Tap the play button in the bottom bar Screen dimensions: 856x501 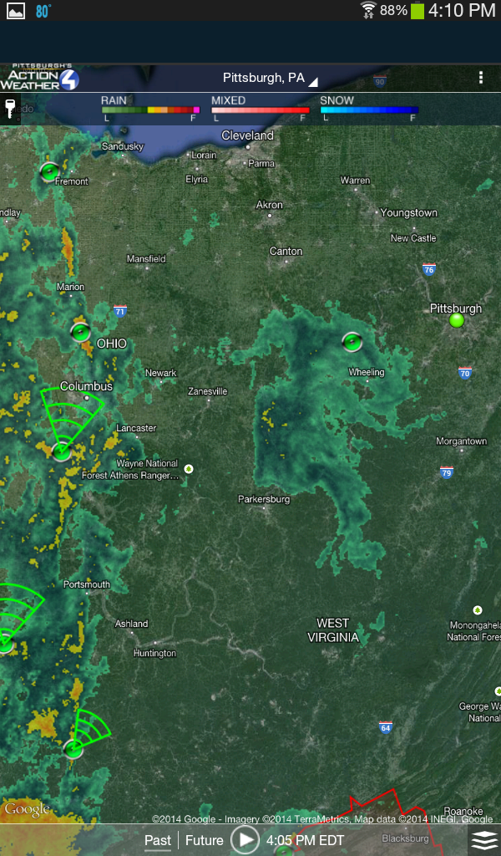coord(245,839)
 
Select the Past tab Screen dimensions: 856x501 coord(158,840)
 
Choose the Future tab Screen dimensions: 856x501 coord(205,840)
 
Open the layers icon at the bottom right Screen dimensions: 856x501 coord(484,840)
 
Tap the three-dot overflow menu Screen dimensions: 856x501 coord(481,78)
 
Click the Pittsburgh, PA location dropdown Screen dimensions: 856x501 coord(269,78)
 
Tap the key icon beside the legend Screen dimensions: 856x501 coord(10,109)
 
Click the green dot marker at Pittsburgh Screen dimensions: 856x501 coord(456,320)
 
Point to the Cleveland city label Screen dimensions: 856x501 coord(247,135)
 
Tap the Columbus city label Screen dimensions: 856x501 coord(86,386)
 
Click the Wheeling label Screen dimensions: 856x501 coord(367,372)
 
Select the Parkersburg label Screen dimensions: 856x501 coord(264,499)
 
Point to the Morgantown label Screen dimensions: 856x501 coord(461,441)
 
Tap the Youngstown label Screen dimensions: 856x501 coord(408,212)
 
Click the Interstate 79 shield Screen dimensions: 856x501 coord(447,472)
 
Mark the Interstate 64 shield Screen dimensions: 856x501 coord(385,727)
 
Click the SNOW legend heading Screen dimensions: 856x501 coord(337,100)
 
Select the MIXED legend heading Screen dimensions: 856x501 coord(228,100)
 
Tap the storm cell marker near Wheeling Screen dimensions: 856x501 coord(352,341)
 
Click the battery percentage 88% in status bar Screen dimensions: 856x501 coord(393,11)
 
